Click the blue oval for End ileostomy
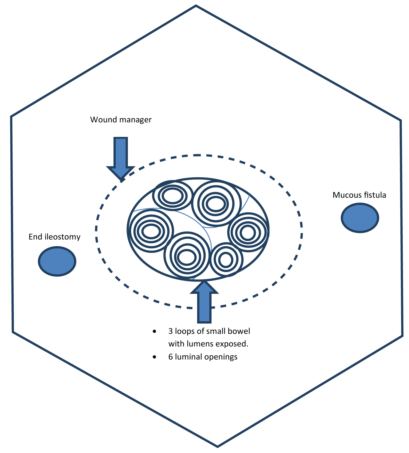[57, 261]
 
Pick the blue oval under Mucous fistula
[360, 218]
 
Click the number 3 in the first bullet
[170, 331]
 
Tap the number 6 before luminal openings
[170, 357]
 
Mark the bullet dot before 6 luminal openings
[154, 357]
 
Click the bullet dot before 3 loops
[154, 331]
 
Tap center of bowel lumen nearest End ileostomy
[151, 232]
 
